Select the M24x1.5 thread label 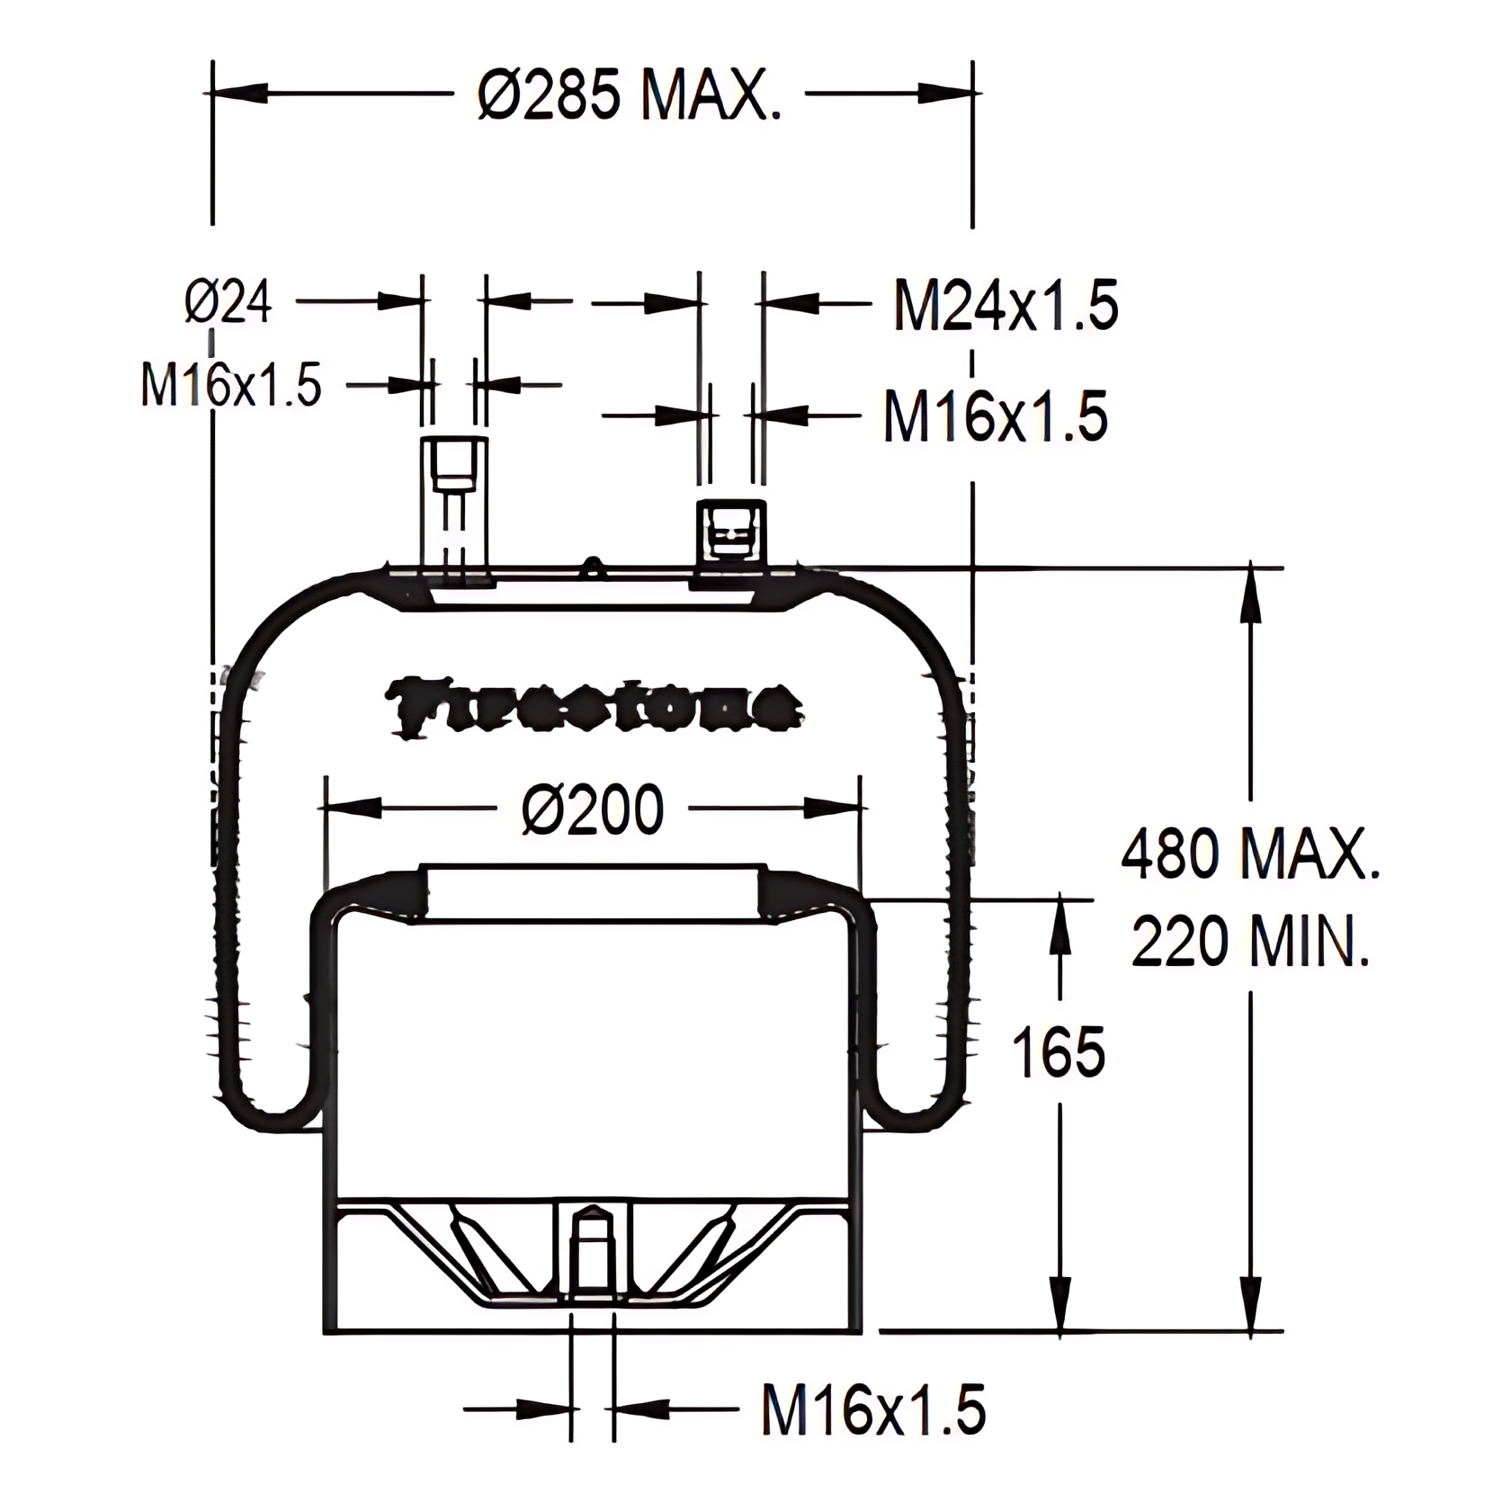click(1005, 306)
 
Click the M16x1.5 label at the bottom click(873, 1409)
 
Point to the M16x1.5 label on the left click(231, 386)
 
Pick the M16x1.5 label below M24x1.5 click(995, 416)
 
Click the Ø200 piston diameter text click(593, 809)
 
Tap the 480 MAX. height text click(1249, 854)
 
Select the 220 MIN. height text click(1249, 942)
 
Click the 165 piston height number click(1059, 1051)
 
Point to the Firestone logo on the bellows click(593, 706)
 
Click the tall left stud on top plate click(455, 504)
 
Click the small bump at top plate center click(592, 566)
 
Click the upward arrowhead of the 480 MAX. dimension click(1249, 594)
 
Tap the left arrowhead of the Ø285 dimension click(239, 93)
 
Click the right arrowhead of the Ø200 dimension click(833, 809)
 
